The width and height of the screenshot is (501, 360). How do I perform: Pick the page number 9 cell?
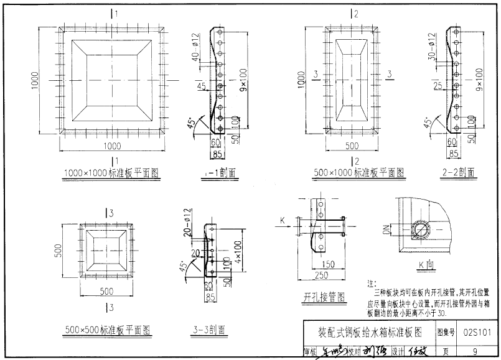[475, 351]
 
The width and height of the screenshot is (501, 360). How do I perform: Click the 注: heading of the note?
[372, 283]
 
